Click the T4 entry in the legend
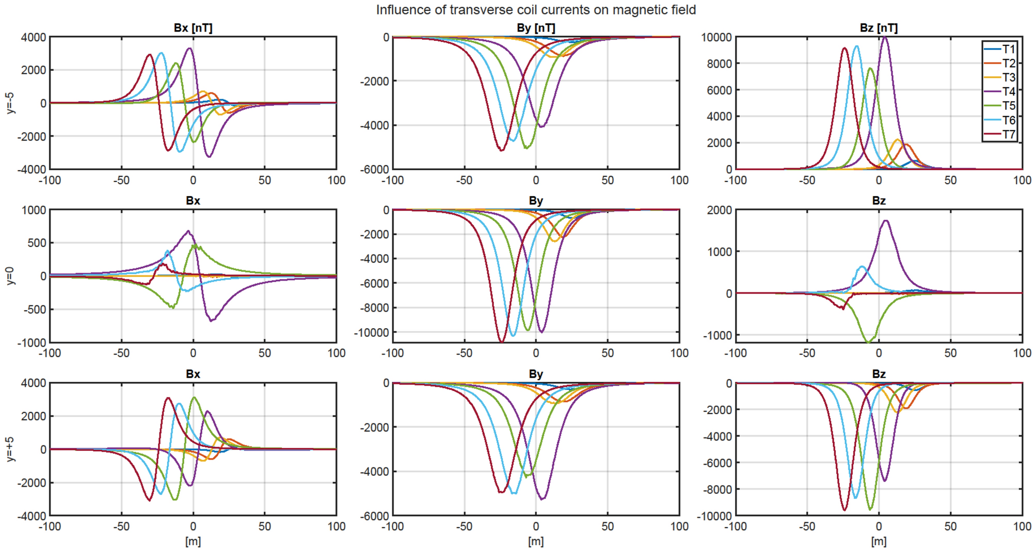[x=1008, y=92]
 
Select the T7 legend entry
[x=1008, y=135]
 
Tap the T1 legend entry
[x=1008, y=49]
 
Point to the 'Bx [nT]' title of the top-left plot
[x=193, y=28]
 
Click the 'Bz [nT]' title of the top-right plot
[x=879, y=28]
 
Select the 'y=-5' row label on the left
[x=10, y=103]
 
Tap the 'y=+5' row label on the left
[x=10, y=449]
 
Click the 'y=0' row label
[x=10, y=276]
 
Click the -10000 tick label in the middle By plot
[x=371, y=333]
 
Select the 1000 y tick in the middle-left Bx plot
[x=34, y=210]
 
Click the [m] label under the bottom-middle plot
[x=536, y=542]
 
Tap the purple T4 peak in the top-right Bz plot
[x=885, y=37]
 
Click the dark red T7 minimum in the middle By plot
[x=501, y=341]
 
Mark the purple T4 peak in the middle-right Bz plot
[x=886, y=221]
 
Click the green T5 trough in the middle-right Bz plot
[x=868, y=341]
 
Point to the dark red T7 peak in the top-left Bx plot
[x=149, y=55]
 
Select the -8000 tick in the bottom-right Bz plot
[x=717, y=489]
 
